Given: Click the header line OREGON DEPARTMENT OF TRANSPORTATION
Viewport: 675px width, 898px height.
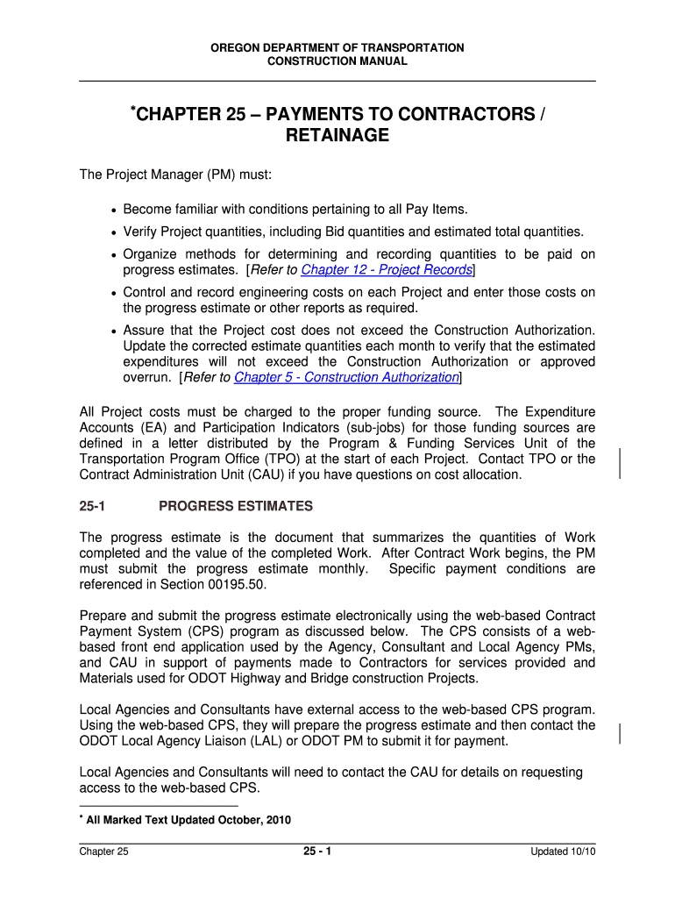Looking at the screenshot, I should [x=337, y=47].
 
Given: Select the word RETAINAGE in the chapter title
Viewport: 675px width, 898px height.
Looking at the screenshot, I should [x=337, y=136].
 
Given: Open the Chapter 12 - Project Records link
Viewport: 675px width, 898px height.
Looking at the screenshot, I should [x=387, y=270].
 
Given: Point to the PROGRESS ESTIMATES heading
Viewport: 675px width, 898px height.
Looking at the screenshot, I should [x=235, y=506].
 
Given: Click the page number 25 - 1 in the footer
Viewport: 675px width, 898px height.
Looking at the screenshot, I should [x=316, y=852].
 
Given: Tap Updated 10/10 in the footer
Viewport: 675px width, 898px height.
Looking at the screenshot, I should [x=562, y=852].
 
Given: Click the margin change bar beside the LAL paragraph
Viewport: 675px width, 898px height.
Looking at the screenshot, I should [x=621, y=733].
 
